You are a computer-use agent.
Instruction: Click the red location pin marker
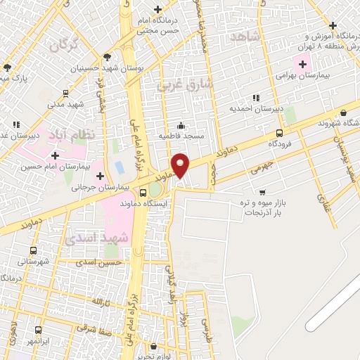181,165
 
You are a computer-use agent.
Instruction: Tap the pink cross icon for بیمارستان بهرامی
303,64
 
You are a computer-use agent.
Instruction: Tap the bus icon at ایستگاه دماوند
143,193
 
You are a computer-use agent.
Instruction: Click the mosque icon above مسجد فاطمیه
181,125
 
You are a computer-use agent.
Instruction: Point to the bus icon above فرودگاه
280,133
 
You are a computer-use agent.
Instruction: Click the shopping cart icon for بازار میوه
262,191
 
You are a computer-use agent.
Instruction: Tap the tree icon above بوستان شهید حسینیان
106,58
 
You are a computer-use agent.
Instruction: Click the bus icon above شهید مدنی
65,93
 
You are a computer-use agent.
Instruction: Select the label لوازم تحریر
149,354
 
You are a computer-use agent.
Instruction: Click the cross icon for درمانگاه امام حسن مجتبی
157,9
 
